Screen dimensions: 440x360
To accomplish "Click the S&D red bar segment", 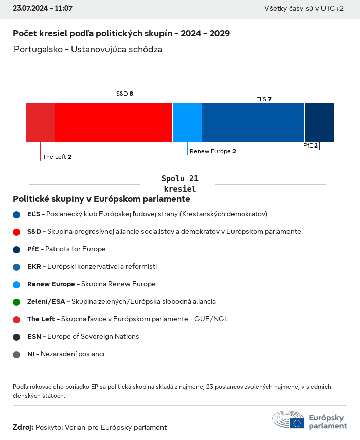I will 114,122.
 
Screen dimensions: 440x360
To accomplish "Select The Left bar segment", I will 40,122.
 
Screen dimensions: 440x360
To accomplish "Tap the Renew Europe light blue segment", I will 187,122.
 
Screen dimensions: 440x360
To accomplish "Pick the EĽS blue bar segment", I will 253,122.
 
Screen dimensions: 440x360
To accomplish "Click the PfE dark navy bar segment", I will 319,122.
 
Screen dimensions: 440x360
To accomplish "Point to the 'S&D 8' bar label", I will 124,94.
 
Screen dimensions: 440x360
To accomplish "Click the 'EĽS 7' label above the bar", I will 263,99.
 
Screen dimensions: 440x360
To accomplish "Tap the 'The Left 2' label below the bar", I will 57,157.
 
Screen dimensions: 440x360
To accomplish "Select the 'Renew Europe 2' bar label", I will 213,151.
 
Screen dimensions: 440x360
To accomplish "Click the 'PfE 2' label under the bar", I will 310,145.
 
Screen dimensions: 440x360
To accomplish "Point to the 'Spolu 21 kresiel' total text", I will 179,184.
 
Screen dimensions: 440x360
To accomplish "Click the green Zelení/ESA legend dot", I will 16,302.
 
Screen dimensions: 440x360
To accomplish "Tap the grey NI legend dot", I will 16,354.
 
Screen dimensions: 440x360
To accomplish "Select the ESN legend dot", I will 16,337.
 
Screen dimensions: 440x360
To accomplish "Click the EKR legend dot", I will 16,267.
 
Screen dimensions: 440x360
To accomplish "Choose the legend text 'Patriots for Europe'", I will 76,249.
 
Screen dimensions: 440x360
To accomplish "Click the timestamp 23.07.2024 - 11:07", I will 43,9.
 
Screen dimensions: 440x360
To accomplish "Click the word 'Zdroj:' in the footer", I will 23,427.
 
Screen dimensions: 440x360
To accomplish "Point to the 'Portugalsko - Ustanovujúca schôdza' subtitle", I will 88,50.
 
